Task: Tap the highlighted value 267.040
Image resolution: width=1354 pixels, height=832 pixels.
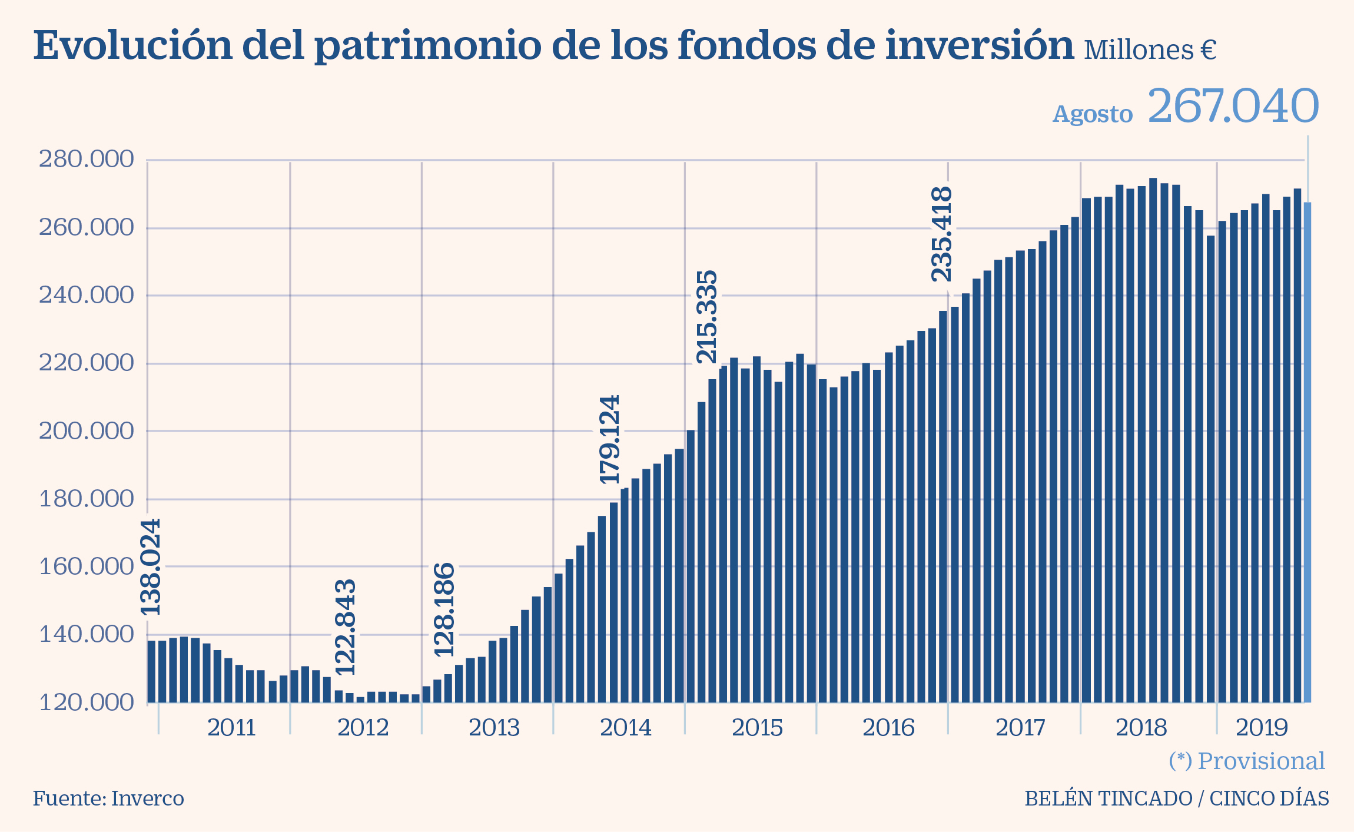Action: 1233,107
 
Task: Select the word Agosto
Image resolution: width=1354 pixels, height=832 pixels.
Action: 1093,114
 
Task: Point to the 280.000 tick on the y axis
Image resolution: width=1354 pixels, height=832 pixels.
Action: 86,160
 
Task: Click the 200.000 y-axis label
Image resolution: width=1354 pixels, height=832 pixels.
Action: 86,432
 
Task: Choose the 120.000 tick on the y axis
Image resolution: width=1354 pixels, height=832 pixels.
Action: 86,702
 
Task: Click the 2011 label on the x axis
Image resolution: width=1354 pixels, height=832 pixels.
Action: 231,728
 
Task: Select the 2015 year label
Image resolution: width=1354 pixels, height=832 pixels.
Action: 757,728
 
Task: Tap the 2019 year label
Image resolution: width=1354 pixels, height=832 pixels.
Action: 1262,728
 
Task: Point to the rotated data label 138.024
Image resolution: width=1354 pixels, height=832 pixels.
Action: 151,567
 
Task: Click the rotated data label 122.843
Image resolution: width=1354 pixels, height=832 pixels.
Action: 346,628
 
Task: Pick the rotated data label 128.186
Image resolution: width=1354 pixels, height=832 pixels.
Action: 445,610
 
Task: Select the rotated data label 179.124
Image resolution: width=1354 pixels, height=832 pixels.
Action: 610,439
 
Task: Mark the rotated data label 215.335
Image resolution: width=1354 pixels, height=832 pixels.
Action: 707,317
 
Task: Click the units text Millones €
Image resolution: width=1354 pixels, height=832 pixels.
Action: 1150,51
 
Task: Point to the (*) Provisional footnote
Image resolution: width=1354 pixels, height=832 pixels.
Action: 1246,761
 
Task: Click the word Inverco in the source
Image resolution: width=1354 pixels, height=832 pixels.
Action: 147,799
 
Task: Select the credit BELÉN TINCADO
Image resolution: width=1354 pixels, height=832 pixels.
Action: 1109,799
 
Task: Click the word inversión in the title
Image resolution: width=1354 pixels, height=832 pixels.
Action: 980,46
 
